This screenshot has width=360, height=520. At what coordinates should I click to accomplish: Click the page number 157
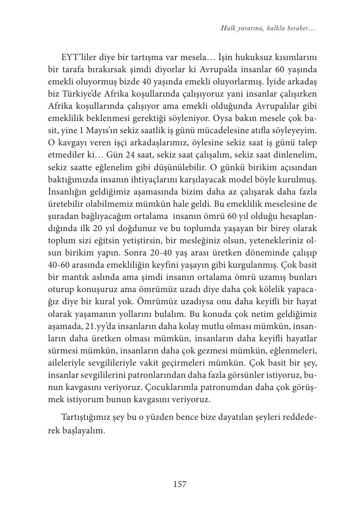pyautogui.click(x=180, y=484)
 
